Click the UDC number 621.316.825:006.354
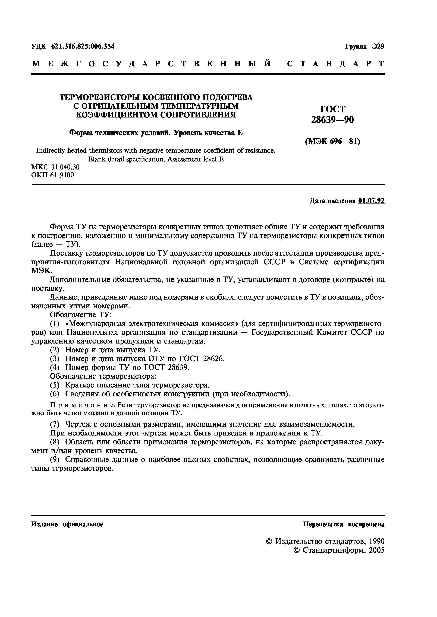(x=83, y=46)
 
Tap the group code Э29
(x=378, y=46)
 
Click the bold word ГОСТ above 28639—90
(x=333, y=109)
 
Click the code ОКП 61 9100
(x=52, y=175)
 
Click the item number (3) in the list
(x=54, y=359)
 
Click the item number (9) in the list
(x=54, y=459)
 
